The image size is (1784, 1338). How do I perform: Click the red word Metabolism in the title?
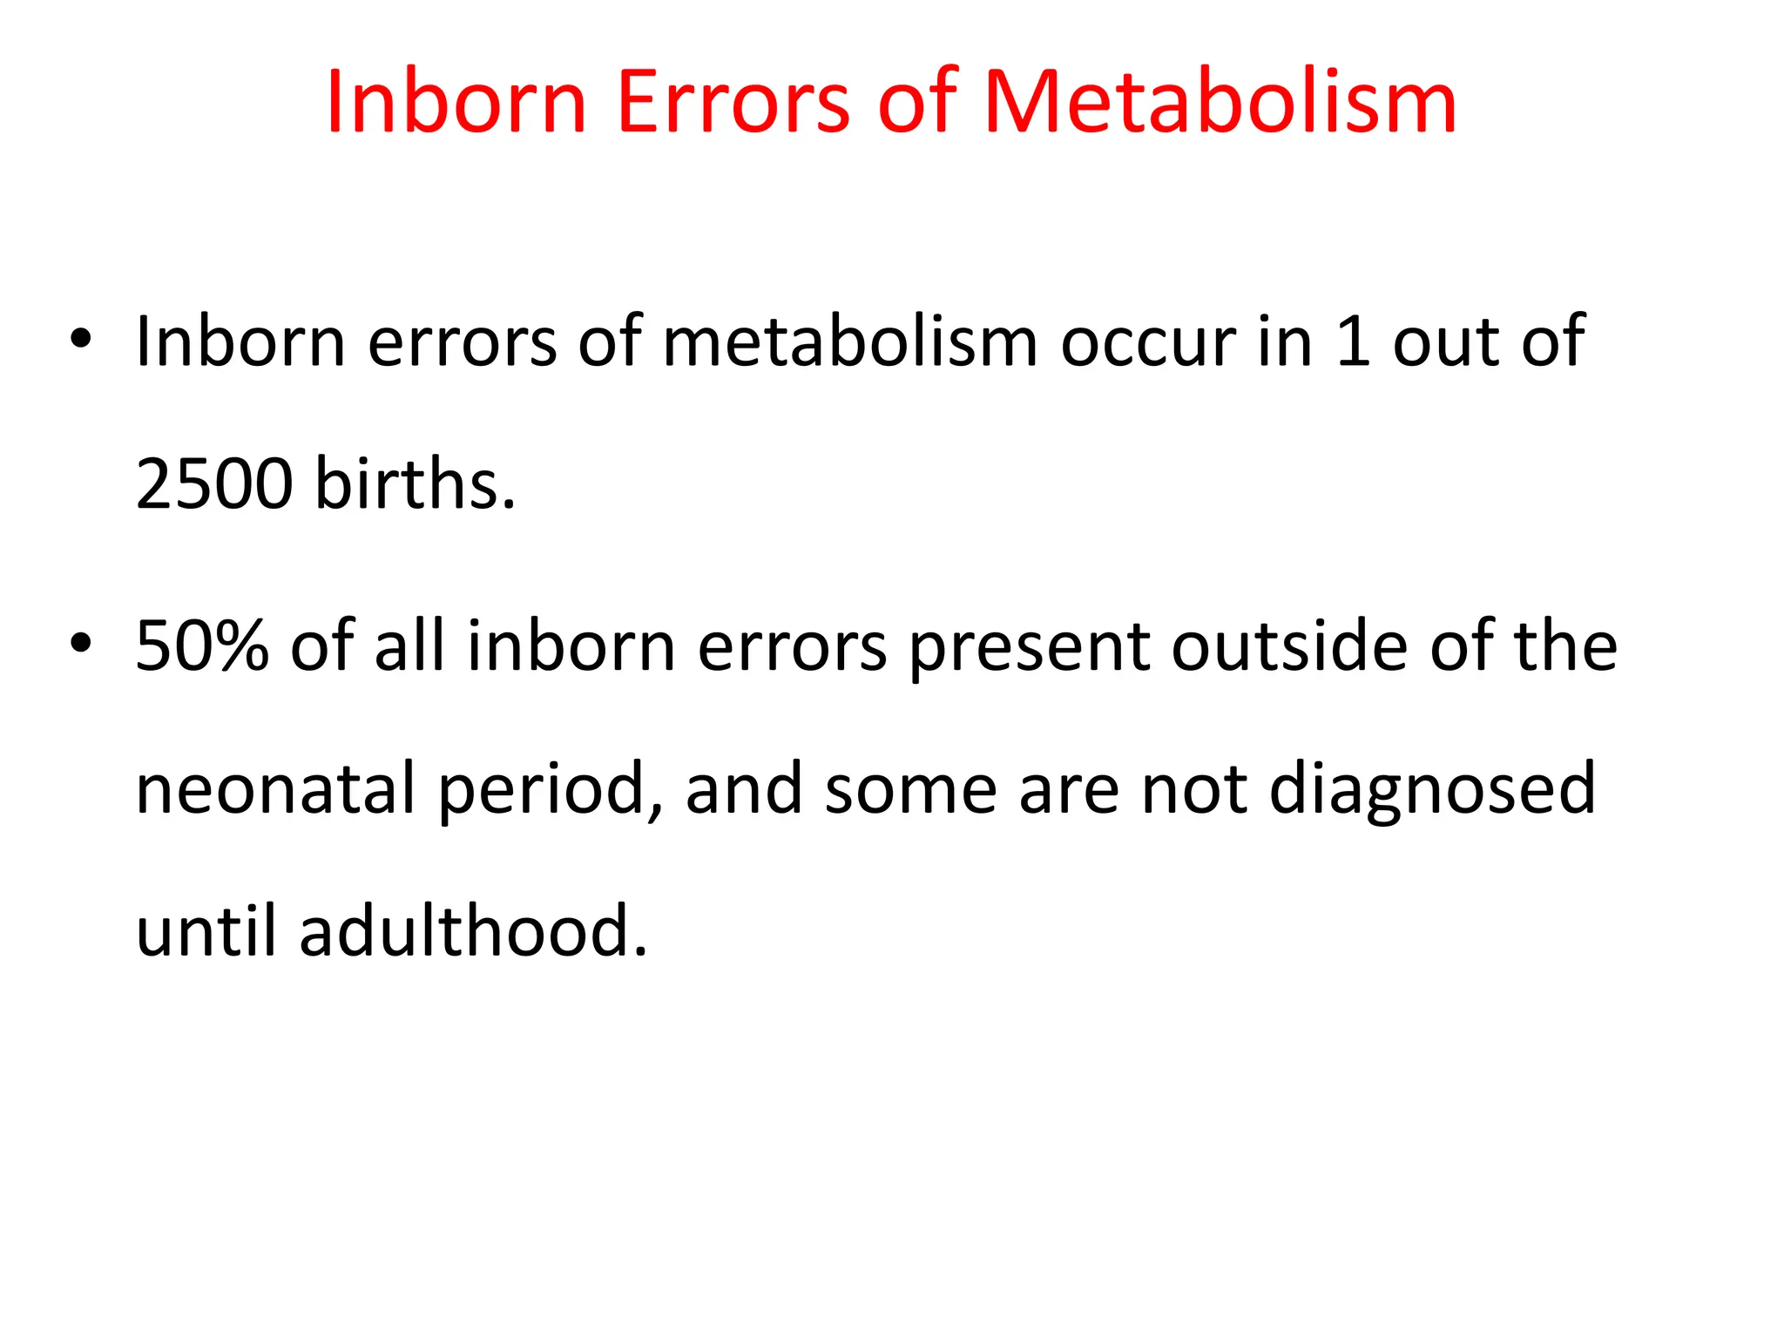click(1220, 103)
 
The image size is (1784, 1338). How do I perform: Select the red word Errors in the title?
click(733, 103)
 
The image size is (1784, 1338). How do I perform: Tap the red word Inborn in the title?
click(456, 103)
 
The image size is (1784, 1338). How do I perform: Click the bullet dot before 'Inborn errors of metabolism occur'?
click(81, 340)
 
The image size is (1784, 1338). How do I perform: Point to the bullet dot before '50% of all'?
click(81, 645)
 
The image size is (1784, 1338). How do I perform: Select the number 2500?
click(214, 483)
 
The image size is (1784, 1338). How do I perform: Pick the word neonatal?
click(275, 788)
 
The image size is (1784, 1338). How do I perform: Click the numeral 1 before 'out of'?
click(1353, 341)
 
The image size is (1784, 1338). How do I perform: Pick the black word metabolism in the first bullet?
click(850, 341)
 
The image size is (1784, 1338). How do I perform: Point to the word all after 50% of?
click(409, 646)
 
